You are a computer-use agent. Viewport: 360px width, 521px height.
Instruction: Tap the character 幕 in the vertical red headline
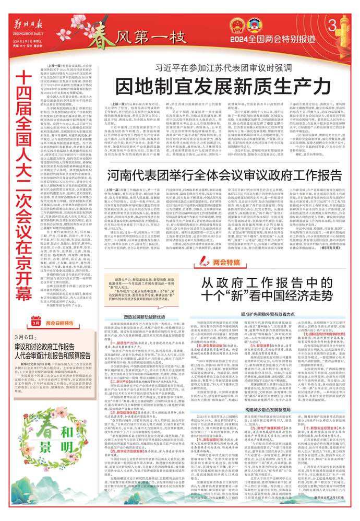[x=20, y=286]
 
